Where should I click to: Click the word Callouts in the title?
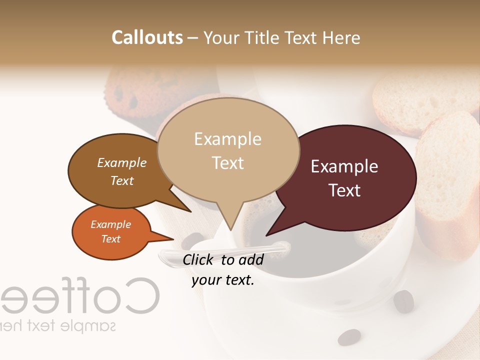click(x=147, y=37)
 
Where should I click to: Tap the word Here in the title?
click(x=342, y=37)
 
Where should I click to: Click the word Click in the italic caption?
click(x=198, y=259)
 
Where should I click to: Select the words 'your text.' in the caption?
click(x=223, y=280)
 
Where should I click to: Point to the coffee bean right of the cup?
click(x=403, y=301)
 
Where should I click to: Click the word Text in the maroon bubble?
click(x=345, y=190)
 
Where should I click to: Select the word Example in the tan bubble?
click(x=227, y=139)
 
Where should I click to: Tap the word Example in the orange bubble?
click(x=111, y=224)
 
